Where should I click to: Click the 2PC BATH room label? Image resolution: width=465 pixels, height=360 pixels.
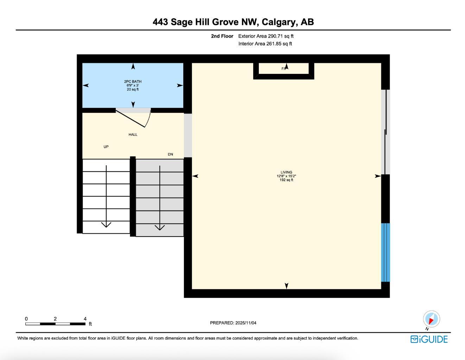[x=133, y=82]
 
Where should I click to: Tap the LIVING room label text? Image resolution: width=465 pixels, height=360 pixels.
[x=286, y=172]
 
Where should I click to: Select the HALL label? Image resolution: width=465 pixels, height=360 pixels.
[x=133, y=135]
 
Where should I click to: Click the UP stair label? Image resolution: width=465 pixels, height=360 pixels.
[x=106, y=147]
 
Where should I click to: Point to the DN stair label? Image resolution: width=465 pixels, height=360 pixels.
[x=170, y=154]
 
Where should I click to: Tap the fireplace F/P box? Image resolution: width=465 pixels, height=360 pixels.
[x=284, y=69]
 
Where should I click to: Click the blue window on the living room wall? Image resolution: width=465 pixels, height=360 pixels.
[x=386, y=252]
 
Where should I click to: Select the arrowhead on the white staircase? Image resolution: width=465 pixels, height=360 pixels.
[x=106, y=225]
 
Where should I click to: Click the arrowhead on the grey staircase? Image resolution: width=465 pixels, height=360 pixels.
[x=160, y=227]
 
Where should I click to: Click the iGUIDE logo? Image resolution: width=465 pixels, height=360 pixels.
[x=429, y=339]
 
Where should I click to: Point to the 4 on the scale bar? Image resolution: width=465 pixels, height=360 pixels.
[x=85, y=319]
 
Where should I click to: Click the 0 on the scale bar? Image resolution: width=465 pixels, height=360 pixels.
[x=26, y=319]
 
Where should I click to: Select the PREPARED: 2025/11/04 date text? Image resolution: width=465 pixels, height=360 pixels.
[x=233, y=323]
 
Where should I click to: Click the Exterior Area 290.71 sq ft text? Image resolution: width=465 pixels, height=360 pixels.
[x=266, y=36]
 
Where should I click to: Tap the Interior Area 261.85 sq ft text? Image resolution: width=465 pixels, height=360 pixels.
[x=265, y=44]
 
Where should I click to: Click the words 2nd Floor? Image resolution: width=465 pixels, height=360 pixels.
[x=222, y=36]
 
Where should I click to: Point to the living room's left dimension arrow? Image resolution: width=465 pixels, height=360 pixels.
[x=195, y=176]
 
